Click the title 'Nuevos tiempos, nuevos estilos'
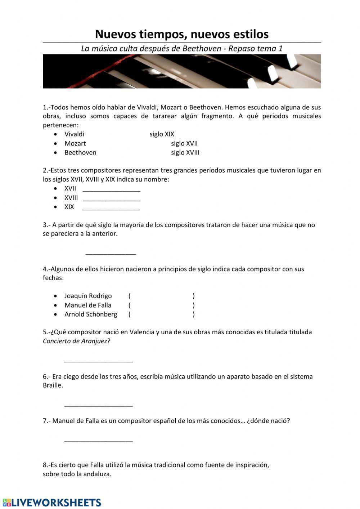click(x=182, y=34)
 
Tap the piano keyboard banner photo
click(x=182, y=71)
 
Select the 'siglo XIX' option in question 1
click(x=162, y=134)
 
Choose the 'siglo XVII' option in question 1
click(x=184, y=143)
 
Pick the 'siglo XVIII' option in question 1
click(x=185, y=153)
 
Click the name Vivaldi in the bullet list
click(x=74, y=134)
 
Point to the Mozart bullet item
click(x=75, y=143)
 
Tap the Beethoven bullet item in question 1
click(x=80, y=153)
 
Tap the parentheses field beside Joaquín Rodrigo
click(x=161, y=296)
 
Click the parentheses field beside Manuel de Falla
click(x=161, y=305)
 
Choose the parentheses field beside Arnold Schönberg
click(x=161, y=314)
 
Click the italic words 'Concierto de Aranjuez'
click(x=75, y=341)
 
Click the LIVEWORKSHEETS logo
click(x=52, y=503)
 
